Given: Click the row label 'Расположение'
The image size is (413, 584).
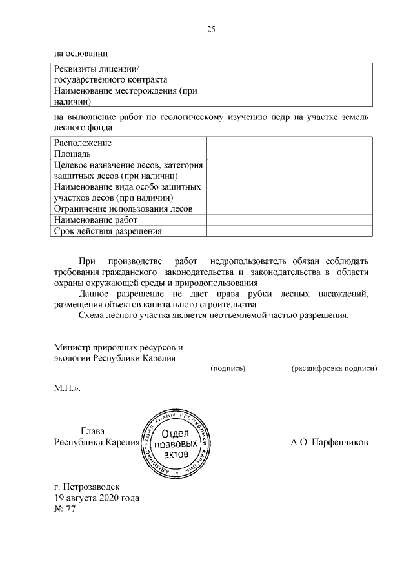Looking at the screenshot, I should click(83, 143).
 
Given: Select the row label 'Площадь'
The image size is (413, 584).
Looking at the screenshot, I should click(72, 154).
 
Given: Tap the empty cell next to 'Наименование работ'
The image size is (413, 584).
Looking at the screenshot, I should click(289, 219).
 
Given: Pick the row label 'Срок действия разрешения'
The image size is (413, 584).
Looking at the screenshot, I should click(108, 231).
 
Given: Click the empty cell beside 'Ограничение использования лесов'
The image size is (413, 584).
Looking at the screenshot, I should click(289, 208).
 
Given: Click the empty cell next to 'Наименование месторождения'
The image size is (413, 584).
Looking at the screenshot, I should click(289, 96).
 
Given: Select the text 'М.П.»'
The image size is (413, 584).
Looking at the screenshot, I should click(67, 390).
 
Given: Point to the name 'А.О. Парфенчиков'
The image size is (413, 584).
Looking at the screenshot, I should click(329, 443).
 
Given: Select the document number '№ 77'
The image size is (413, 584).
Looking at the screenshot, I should click(65, 510).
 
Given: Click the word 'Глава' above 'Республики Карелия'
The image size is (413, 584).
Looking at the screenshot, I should click(92, 431).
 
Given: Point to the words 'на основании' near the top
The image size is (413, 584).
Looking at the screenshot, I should click(81, 54).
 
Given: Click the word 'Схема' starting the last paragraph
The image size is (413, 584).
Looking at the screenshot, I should click(92, 316).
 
